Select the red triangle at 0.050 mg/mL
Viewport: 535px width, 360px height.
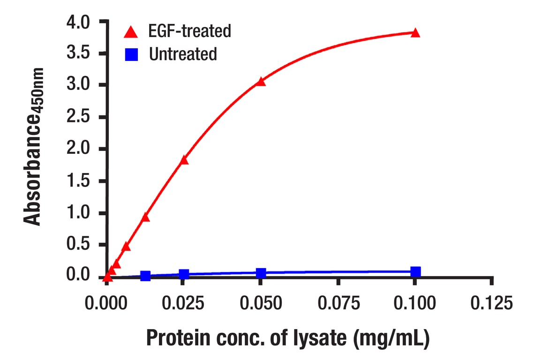click(x=261, y=82)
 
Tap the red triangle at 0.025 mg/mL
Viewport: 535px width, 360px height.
click(x=184, y=160)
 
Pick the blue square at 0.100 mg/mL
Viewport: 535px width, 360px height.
click(x=415, y=272)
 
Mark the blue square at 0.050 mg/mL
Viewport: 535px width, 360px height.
click(x=261, y=273)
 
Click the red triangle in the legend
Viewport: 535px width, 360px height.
click(x=132, y=32)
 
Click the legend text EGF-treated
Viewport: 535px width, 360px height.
click(x=190, y=31)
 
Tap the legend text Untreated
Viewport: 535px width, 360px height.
click(x=183, y=54)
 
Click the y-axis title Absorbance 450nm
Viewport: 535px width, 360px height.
click(x=34, y=146)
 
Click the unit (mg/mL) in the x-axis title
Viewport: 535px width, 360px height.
click(x=392, y=338)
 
